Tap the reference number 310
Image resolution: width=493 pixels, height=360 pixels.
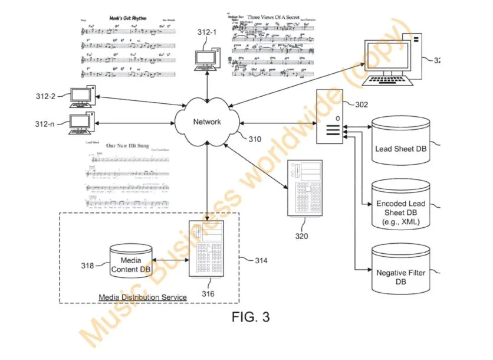[254, 139]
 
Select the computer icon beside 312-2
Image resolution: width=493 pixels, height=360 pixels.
[80, 96]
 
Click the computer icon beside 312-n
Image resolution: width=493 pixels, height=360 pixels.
[80, 124]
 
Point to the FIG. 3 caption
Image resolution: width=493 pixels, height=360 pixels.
[250, 317]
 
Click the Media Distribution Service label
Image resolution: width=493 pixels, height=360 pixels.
[143, 297]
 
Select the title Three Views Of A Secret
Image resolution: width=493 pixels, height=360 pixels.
[277, 18]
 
